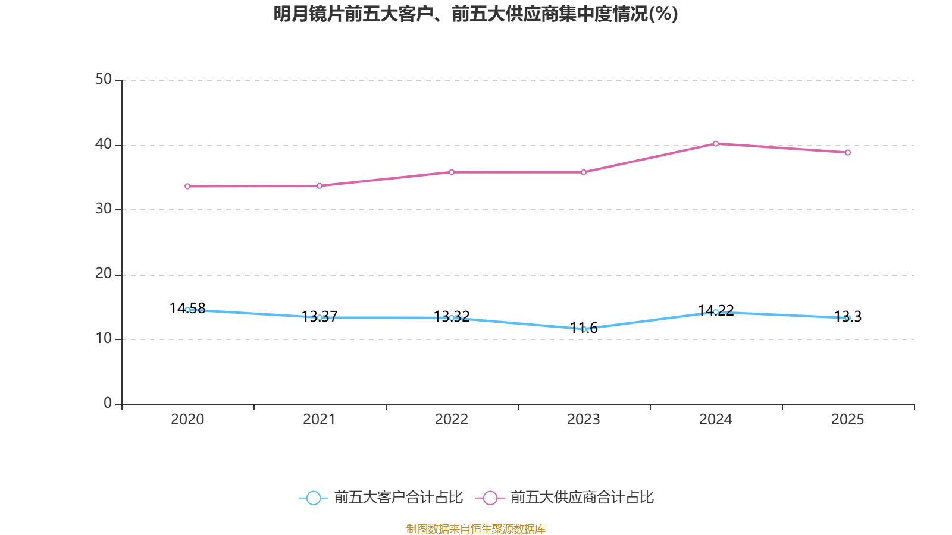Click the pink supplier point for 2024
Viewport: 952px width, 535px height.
[x=716, y=143]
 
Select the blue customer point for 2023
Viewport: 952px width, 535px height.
[x=584, y=329]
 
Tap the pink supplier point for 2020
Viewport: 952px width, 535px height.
[x=187, y=186]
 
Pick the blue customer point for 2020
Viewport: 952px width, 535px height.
[x=187, y=310]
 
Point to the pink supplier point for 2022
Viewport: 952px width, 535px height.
[x=452, y=172]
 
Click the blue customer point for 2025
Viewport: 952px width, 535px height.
[x=848, y=318]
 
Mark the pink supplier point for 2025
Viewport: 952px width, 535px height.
[x=848, y=153]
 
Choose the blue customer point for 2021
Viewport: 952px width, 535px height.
[x=320, y=317]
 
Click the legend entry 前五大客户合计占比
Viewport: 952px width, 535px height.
[x=381, y=498]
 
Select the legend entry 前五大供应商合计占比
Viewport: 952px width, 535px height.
[x=565, y=498]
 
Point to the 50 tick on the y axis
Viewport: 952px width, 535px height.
[x=104, y=80]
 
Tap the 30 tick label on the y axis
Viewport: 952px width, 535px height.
[x=104, y=209]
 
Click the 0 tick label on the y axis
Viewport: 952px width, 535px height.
[x=108, y=404]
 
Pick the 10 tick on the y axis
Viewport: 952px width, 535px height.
[x=104, y=339]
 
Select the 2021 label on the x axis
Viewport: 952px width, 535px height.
[x=320, y=420]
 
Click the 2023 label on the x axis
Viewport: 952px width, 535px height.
[x=584, y=420]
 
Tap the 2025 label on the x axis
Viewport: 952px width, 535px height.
[x=848, y=420]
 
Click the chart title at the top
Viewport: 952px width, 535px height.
[x=476, y=14]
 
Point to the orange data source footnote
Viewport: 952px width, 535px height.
[x=476, y=528]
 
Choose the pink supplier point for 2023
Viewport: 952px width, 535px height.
[x=584, y=172]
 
